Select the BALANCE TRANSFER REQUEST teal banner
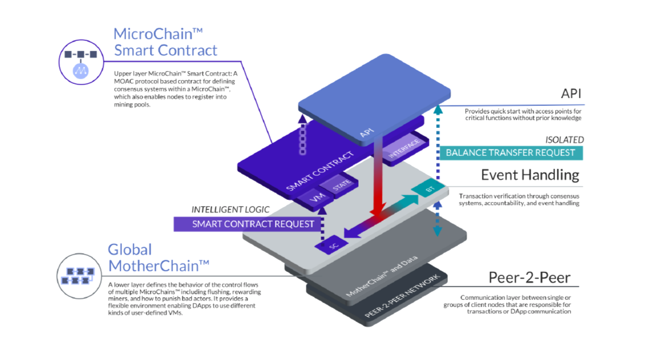coord(511,152)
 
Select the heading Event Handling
coord(529,175)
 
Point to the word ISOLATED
coord(564,140)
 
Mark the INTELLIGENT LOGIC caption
coord(230,209)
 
